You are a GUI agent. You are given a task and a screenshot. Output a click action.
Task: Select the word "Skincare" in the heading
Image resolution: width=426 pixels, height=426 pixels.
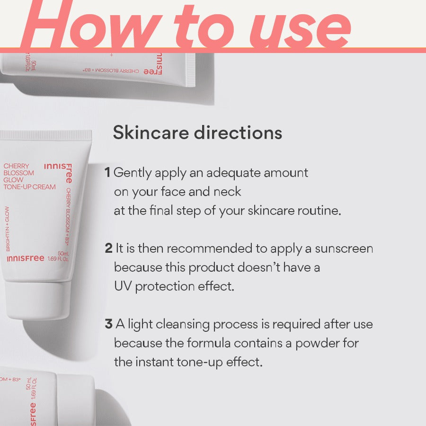[151, 133]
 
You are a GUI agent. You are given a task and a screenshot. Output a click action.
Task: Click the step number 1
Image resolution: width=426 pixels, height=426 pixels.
[107, 173]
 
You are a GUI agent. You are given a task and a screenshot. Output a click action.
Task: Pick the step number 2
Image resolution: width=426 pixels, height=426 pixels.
[108, 248]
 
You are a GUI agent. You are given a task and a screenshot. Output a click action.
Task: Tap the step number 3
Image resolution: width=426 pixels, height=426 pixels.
[108, 324]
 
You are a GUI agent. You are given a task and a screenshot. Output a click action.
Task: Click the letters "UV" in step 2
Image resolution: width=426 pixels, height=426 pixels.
[122, 286]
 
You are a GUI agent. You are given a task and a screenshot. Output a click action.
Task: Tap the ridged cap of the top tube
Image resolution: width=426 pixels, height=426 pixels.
[190, 70]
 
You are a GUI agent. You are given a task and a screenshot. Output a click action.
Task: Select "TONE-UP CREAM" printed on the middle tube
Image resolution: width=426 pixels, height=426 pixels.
[29, 186]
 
